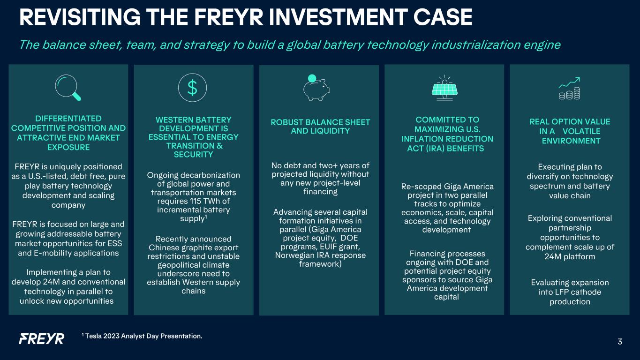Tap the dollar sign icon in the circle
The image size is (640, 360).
click(x=192, y=88)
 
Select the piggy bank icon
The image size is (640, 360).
click(x=316, y=88)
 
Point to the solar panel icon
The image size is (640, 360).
click(x=444, y=88)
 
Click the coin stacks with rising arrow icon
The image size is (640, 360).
click(x=570, y=88)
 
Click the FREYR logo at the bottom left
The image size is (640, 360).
click(x=42, y=339)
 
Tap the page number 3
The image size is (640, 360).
click(x=620, y=342)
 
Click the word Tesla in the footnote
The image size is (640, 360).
click(x=93, y=336)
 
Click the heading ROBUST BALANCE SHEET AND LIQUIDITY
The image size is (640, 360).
click(x=320, y=127)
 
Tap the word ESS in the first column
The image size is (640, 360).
click(x=115, y=243)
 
